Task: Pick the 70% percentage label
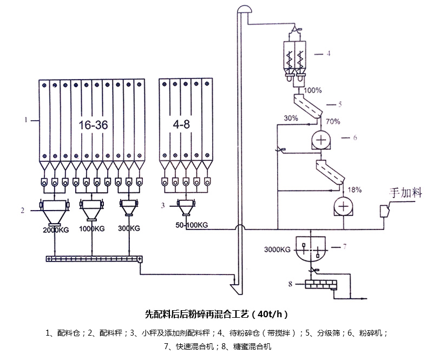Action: pos(333,122)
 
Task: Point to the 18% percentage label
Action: pos(355,189)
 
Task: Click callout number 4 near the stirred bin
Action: pos(327,54)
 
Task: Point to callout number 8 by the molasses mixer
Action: pos(290,283)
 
